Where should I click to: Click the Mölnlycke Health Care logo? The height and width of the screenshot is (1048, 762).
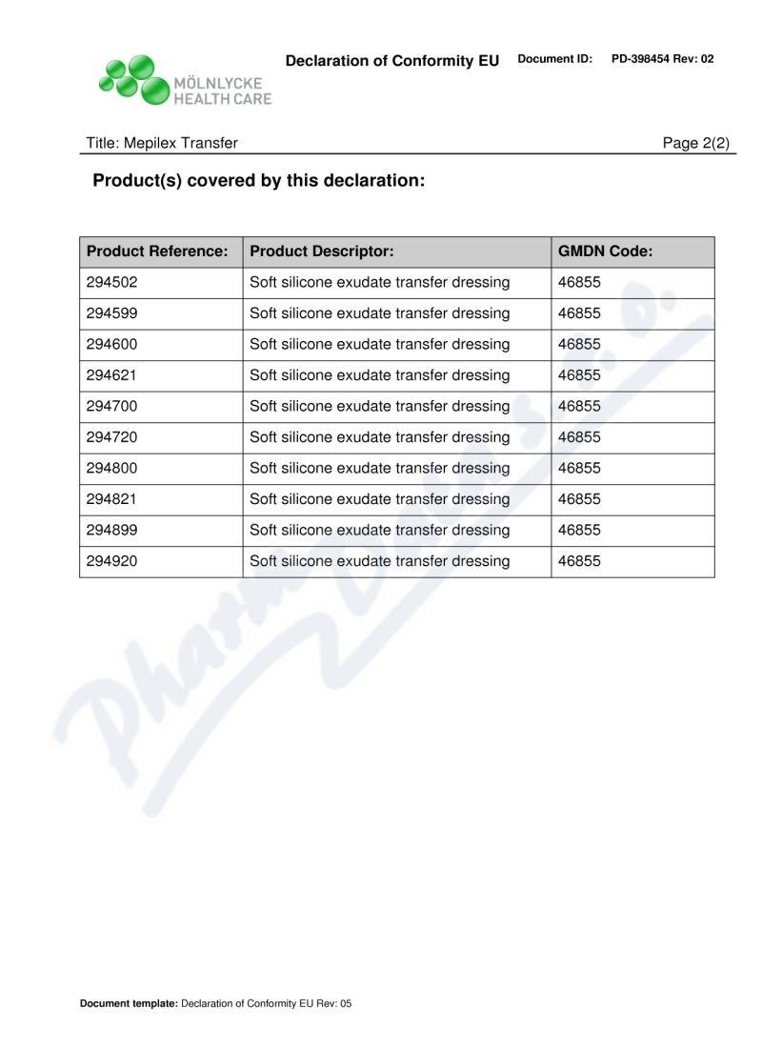click(184, 80)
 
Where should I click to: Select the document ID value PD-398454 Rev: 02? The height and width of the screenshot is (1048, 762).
click(662, 59)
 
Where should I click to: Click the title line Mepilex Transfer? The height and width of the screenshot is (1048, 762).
click(162, 143)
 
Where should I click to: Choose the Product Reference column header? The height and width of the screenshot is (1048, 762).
click(157, 252)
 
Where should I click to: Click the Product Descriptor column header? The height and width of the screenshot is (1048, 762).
click(321, 252)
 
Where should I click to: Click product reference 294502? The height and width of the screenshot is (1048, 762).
click(111, 283)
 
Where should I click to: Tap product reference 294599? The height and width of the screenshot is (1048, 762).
click(111, 313)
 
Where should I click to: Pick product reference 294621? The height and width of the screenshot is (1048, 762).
click(111, 375)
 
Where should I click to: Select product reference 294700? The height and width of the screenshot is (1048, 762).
click(111, 407)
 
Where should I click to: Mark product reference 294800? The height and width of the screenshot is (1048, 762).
click(111, 469)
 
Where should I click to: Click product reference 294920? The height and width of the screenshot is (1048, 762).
click(111, 561)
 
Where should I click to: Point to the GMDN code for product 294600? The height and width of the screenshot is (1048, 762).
click(579, 345)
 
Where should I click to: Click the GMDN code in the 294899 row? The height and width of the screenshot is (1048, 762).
click(579, 531)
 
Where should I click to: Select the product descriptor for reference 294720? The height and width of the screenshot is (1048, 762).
click(379, 437)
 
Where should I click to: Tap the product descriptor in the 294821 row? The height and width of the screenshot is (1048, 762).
click(379, 499)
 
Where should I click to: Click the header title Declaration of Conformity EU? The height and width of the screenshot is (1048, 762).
click(392, 61)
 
